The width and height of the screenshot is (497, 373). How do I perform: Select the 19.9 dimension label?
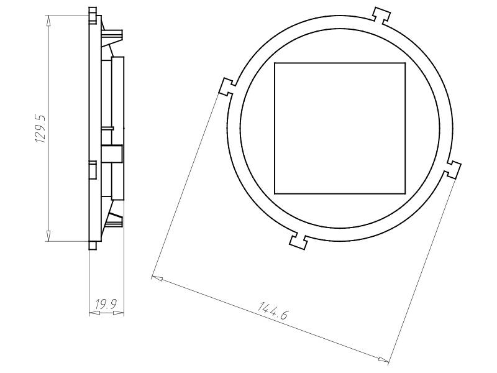pyautogui.click(x=106, y=304)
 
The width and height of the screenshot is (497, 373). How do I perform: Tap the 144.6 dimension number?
pyautogui.click(x=273, y=311)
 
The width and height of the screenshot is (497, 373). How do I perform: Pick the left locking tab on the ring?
pyautogui.click(x=227, y=86)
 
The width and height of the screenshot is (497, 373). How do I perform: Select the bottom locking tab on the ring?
pyautogui.click(x=299, y=241)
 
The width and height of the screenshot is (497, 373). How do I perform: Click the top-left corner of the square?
pyautogui.click(x=275, y=63)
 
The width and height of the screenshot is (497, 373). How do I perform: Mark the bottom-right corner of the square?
pyautogui.click(x=405, y=193)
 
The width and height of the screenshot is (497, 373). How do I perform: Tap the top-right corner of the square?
pyautogui.click(x=405, y=63)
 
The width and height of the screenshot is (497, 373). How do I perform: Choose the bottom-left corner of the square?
pyautogui.click(x=275, y=193)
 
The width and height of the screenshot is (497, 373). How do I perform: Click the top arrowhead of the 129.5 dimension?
pyautogui.click(x=48, y=19)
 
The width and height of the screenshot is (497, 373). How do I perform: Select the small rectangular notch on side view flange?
pyautogui.click(x=93, y=169)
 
